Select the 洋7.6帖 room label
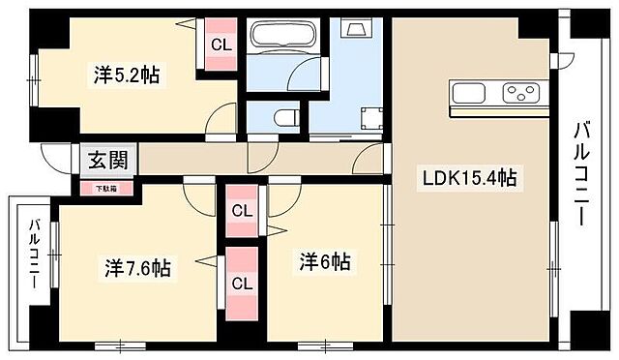pyautogui.click(x=135, y=267)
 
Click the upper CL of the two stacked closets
pyautogui.click(x=242, y=210)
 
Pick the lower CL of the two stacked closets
pyautogui.click(x=242, y=286)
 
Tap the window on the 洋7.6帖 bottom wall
pyautogui.click(x=122, y=344)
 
